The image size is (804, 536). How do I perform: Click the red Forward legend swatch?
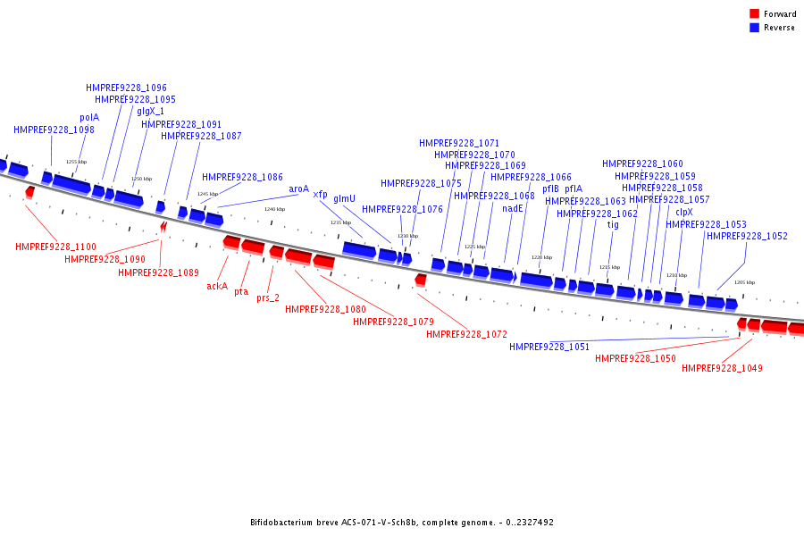(754, 14)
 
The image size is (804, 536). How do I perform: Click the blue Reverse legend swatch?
(754, 28)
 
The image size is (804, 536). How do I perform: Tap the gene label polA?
(89, 117)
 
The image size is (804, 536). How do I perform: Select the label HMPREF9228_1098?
(54, 130)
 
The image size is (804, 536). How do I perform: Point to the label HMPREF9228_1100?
(55, 247)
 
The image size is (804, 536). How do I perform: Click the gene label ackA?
(217, 286)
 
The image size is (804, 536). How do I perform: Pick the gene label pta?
(241, 292)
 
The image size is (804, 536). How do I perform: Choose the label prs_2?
(268, 298)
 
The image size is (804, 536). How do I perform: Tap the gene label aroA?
(298, 189)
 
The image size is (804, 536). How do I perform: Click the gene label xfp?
(320, 195)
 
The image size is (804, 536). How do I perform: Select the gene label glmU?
(344, 199)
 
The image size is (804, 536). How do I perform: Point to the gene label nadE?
(512, 208)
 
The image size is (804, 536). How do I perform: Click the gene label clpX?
(683, 213)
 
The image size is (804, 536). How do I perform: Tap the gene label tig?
(613, 225)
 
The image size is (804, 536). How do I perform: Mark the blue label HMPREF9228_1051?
(549, 347)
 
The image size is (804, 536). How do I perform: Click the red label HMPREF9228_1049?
(722, 368)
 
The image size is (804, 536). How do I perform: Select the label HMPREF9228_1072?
(466, 334)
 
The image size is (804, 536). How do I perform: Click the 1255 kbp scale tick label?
(77, 162)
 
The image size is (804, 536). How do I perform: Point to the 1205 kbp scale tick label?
(744, 282)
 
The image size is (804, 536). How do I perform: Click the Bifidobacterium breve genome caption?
(402, 523)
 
